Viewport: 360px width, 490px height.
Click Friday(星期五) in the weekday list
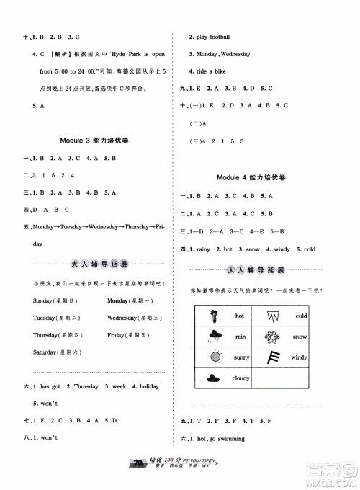tap(125, 335)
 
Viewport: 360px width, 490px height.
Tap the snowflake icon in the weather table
tap(273, 337)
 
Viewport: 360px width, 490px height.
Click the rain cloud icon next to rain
tap(215, 336)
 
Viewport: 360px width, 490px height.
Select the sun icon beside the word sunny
tap(215, 357)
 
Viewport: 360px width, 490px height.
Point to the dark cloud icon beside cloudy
tap(215, 378)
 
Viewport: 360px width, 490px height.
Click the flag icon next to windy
tap(273, 357)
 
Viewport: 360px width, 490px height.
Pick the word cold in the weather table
tap(301, 316)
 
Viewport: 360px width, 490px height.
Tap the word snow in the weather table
tap(301, 337)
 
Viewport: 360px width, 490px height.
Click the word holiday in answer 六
tap(148, 387)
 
